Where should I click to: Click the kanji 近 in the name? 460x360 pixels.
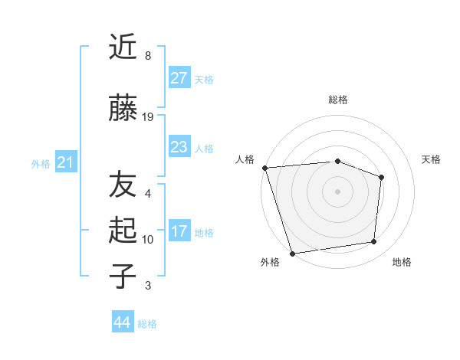[x=123, y=47]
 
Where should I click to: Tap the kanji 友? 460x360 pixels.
[x=123, y=185]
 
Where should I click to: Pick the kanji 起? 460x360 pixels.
[x=123, y=231]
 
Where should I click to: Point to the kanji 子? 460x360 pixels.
[x=123, y=276]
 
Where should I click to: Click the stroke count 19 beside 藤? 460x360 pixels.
[x=149, y=117]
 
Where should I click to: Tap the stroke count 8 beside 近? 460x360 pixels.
[x=148, y=56]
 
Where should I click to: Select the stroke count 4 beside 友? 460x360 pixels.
[x=148, y=194]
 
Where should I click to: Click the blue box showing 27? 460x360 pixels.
[x=179, y=78]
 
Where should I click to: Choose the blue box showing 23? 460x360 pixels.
[x=179, y=147]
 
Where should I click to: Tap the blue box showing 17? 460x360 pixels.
[x=179, y=231]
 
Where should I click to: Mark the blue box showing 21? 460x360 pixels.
[x=66, y=162]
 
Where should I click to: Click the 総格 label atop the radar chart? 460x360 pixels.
[x=338, y=100]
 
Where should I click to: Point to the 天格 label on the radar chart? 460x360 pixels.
[x=432, y=160]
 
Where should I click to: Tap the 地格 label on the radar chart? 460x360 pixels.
[x=402, y=263]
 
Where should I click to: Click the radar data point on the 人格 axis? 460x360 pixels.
[x=264, y=168]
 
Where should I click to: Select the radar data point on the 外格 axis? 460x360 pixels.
[x=292, y=253]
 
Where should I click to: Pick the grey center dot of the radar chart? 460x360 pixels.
[x=337, y=191]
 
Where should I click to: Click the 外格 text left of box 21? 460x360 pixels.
[x=41, y=163]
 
